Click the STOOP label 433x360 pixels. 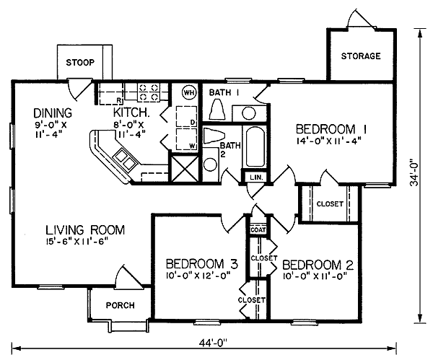click(80, 62)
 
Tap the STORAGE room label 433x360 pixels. click(361, 56)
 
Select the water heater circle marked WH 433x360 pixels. click(189, 92)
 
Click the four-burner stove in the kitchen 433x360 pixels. click(149, 92)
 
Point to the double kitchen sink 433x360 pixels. click(126, 159)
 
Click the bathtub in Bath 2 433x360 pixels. click(254, 146)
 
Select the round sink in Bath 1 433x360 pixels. click(249, 113)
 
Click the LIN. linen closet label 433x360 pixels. click(256, 177)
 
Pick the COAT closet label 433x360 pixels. click(258, 229)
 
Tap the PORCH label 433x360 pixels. click(121, 305)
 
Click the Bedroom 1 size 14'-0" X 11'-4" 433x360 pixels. click(329, 141)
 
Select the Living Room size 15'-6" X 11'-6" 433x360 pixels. click(76, 242)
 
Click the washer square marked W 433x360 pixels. click(187, 139)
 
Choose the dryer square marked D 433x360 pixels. click(187, 116)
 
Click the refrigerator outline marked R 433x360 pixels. click(110, 94)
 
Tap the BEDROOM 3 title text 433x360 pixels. click(202, 264)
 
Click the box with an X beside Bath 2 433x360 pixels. click(185, 169)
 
